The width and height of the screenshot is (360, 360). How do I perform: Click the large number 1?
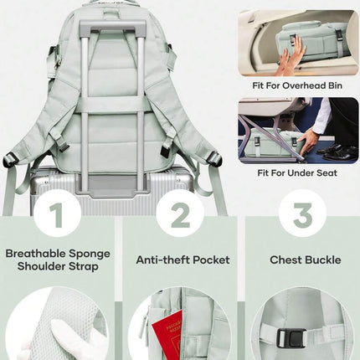tap(57, 215)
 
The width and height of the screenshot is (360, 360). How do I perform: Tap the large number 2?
tap(180, 215)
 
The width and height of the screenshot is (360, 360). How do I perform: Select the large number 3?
tap(303, 215)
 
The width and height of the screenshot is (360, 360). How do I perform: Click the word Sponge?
tap(90, 255)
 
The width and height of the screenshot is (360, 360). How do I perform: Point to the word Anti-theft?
tap(163, 260)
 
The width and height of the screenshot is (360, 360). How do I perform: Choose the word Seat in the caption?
tap(327, 173)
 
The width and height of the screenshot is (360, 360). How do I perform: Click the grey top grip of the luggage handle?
tap(113, 27)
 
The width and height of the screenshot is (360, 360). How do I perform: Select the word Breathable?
tap(36, 254)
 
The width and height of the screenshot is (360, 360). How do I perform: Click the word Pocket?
tap(211, 260)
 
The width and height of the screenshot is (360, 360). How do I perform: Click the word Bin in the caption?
tap(335, 85)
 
